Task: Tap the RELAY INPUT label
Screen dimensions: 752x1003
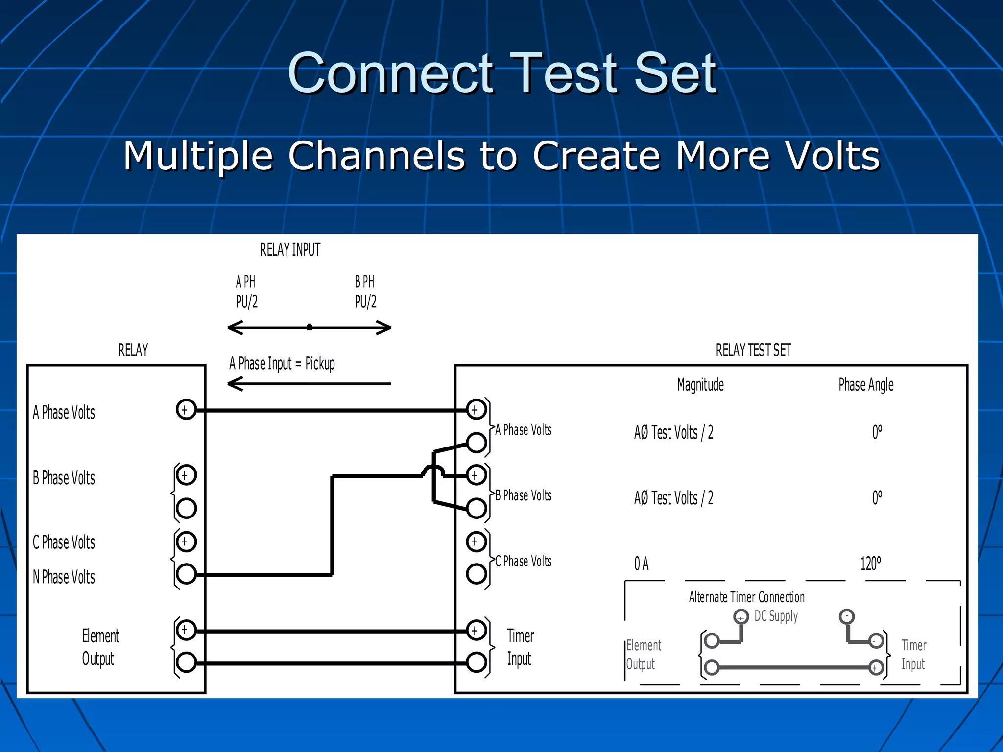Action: [x=290, y=250]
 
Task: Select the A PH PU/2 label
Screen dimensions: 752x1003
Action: [x=246, y=292]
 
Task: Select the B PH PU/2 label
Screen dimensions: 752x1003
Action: [x=365, y=292]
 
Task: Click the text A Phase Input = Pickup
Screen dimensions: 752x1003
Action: [x=282, y=364]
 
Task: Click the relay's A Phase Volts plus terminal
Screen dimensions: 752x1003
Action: [x=186, y=409]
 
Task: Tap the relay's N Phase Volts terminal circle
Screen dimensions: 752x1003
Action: [x=186, y=574]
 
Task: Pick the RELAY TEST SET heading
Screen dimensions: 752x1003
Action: [x=753, y=351]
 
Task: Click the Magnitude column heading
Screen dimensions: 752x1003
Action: [x=700, y=385]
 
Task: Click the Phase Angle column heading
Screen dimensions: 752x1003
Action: [x=866, y=385]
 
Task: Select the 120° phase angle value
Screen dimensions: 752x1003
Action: [x=870, y=564]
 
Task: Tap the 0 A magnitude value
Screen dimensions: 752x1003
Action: [x=641, y=564]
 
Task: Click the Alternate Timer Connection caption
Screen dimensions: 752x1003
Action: [x=746, y=597]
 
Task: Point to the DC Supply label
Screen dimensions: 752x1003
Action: [x=776, y=616]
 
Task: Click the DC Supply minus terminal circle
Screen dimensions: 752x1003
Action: [x=846, y=616]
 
